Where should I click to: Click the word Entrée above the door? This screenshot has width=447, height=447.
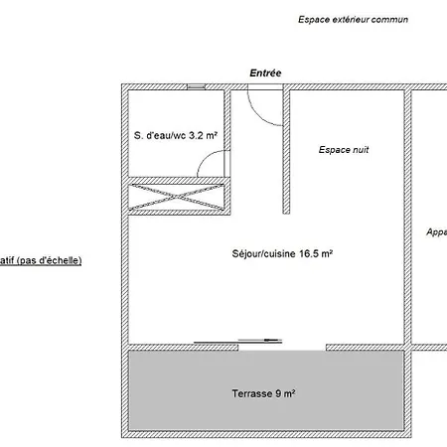265,73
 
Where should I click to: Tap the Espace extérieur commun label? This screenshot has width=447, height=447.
353,20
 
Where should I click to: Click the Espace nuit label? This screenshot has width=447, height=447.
344,150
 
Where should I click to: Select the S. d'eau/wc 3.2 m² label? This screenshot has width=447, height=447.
176,135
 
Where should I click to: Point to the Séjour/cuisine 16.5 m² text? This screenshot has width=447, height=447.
282,253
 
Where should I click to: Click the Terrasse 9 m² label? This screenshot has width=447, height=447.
263,393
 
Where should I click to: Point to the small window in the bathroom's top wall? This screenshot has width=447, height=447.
196,86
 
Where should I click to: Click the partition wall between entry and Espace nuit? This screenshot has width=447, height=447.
286,152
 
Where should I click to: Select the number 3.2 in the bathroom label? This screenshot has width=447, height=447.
196,135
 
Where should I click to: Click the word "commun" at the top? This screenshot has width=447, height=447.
389,20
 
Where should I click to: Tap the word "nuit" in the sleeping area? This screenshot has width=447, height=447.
361,150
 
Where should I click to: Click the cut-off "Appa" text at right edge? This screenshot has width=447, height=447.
437,232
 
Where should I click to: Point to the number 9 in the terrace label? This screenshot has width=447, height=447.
278,393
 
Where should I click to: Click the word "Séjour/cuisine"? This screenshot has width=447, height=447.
263,254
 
